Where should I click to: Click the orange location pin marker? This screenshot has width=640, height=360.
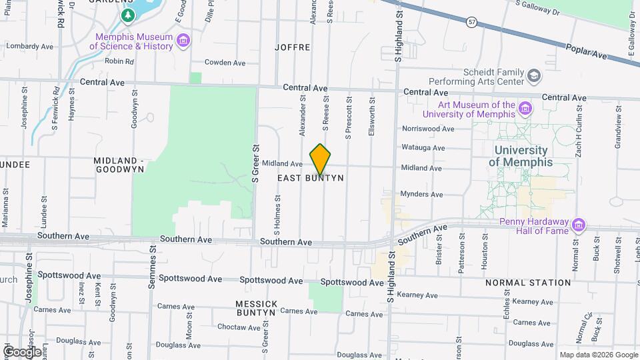click(320, 159)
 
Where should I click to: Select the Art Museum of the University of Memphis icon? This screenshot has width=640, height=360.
click(525, 109)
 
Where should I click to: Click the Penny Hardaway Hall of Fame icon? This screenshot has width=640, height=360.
click(578, 225)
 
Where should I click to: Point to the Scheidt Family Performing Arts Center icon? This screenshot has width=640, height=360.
click(533, 76)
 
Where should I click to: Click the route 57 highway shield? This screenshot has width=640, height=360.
click(472, 22)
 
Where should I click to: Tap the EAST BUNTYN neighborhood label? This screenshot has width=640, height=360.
click(311, 178)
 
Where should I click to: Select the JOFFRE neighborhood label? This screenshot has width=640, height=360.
click(293, 47)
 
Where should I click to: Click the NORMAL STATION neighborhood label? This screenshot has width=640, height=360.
click(528, 283)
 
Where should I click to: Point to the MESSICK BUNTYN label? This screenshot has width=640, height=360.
click(256, 307)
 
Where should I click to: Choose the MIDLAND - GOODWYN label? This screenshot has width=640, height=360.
click(119, 165)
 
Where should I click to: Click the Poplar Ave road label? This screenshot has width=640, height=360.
click(587, 52)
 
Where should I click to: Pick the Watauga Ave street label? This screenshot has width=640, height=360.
click(423, 148)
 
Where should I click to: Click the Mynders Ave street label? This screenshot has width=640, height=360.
click(421, 195)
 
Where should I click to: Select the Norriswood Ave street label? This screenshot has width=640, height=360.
click(428, 129)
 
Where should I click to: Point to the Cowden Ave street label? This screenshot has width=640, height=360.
click(225, 63)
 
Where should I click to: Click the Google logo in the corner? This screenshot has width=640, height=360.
click(22, 351)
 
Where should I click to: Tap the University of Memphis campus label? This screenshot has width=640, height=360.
click(521, 156)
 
